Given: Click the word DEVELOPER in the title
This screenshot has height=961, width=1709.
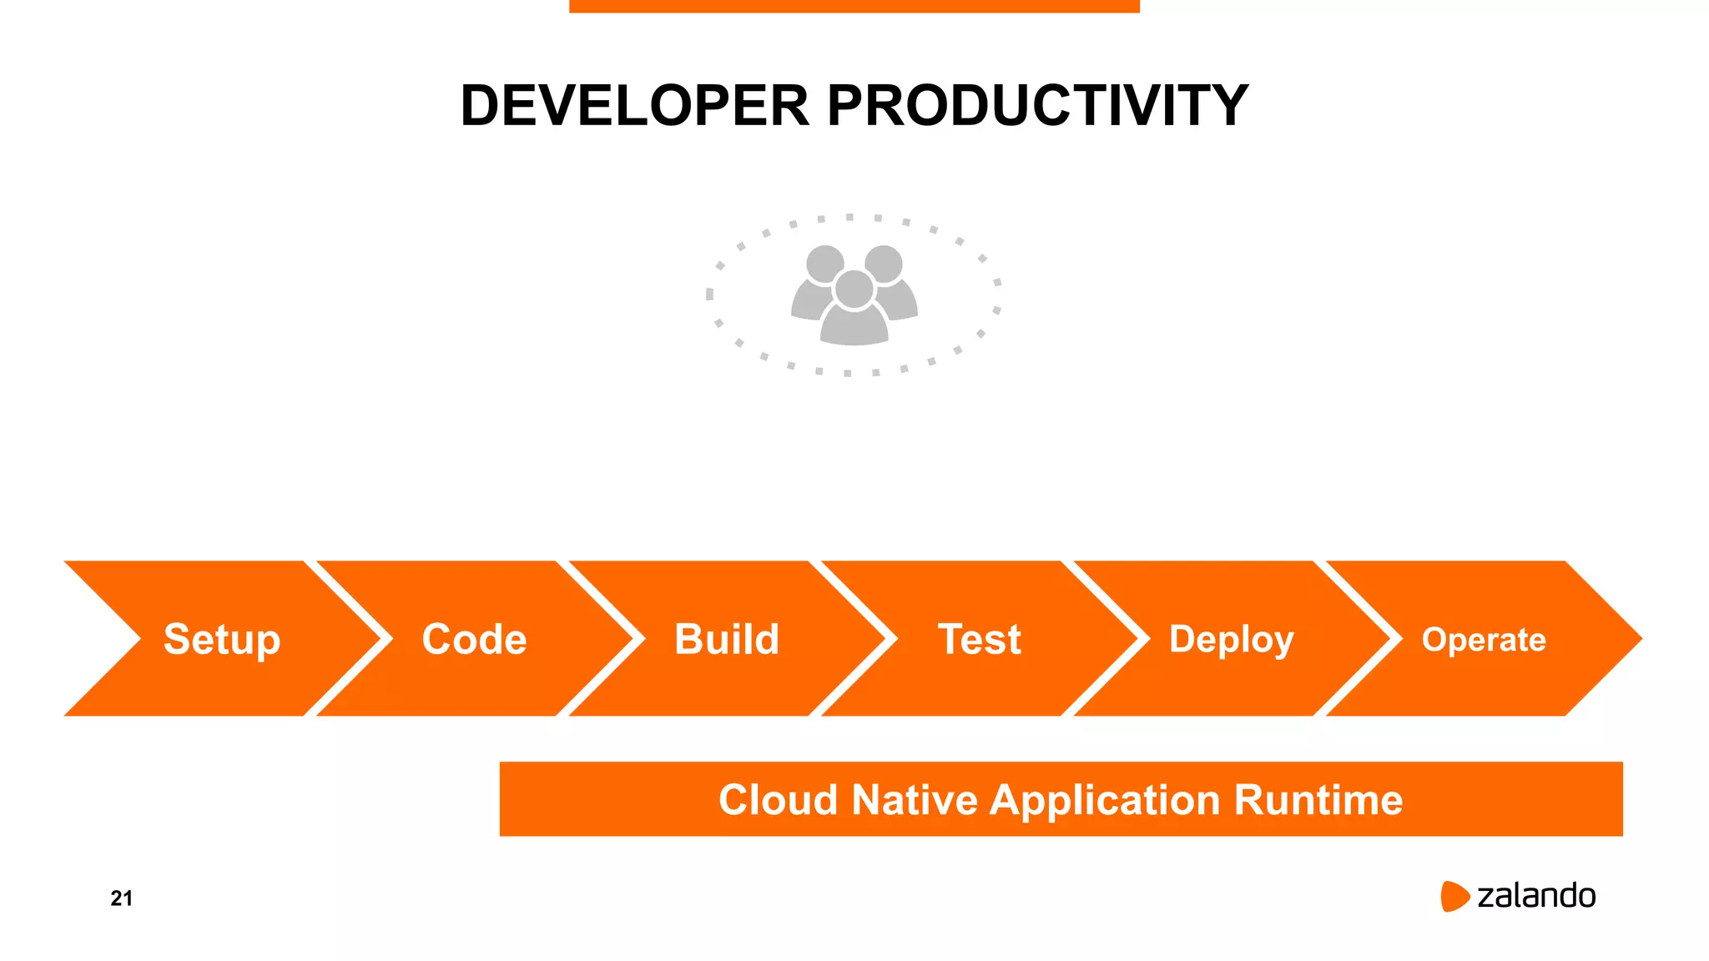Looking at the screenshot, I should coord(635,106).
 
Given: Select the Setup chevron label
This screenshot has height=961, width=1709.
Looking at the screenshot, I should coord(222,640).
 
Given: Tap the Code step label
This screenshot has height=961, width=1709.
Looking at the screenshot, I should coord(474,640).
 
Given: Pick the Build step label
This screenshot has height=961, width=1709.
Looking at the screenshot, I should coord(727,640).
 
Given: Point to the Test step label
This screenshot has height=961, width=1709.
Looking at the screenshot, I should coord(979,640).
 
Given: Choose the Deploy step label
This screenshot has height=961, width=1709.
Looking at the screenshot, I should coord(1232,640).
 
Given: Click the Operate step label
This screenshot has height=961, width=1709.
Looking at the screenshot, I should coord(1484,640).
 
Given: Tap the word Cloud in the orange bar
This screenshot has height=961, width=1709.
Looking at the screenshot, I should coord(778,800).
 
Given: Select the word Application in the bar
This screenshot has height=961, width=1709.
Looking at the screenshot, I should coord(1106,800).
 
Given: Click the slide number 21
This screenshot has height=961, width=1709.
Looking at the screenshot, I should coord(122,898).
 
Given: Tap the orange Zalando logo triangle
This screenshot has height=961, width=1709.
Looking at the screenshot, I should coord(1454,896).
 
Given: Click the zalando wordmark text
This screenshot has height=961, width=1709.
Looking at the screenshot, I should coord(1536,896).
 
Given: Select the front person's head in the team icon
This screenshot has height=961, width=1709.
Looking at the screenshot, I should coord(854,289).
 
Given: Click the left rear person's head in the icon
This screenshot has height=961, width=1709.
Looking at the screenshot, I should coord(824,264).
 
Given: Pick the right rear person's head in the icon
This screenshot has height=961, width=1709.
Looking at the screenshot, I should coord(884,264).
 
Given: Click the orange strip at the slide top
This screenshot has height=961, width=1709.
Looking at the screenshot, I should coord(854,6).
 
